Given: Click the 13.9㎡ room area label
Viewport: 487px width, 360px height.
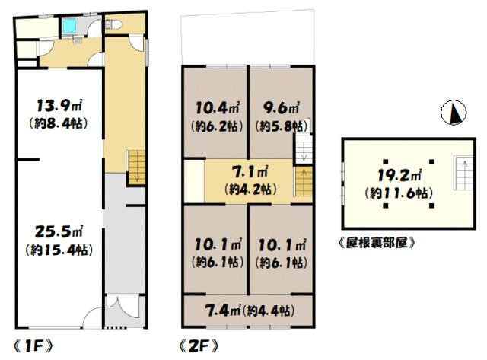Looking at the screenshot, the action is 59,106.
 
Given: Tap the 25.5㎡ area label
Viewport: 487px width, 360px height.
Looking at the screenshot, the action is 59,231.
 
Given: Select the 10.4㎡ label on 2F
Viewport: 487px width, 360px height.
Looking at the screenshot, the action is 217,108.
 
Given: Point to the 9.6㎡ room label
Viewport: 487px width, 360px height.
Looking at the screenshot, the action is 281,107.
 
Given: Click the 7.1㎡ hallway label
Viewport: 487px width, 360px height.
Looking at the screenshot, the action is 250,172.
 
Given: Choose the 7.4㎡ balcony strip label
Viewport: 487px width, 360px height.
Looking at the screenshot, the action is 223,311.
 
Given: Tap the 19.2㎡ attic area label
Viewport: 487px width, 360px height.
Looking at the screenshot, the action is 399,175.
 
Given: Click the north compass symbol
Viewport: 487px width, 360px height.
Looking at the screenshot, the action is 454,113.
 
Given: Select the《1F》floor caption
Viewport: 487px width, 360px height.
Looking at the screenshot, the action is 33,346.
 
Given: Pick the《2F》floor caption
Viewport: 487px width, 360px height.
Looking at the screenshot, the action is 199,346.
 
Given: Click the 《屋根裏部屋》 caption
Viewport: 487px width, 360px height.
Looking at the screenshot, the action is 377,243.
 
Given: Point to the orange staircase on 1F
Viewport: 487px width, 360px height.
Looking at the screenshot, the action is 137,167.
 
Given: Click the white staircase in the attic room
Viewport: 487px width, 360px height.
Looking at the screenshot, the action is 464,173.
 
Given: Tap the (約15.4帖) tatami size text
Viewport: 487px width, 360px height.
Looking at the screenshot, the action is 59,250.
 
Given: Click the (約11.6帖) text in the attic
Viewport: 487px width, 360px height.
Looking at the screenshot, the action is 399,193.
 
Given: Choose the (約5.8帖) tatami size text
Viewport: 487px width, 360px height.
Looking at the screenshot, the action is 281,126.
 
